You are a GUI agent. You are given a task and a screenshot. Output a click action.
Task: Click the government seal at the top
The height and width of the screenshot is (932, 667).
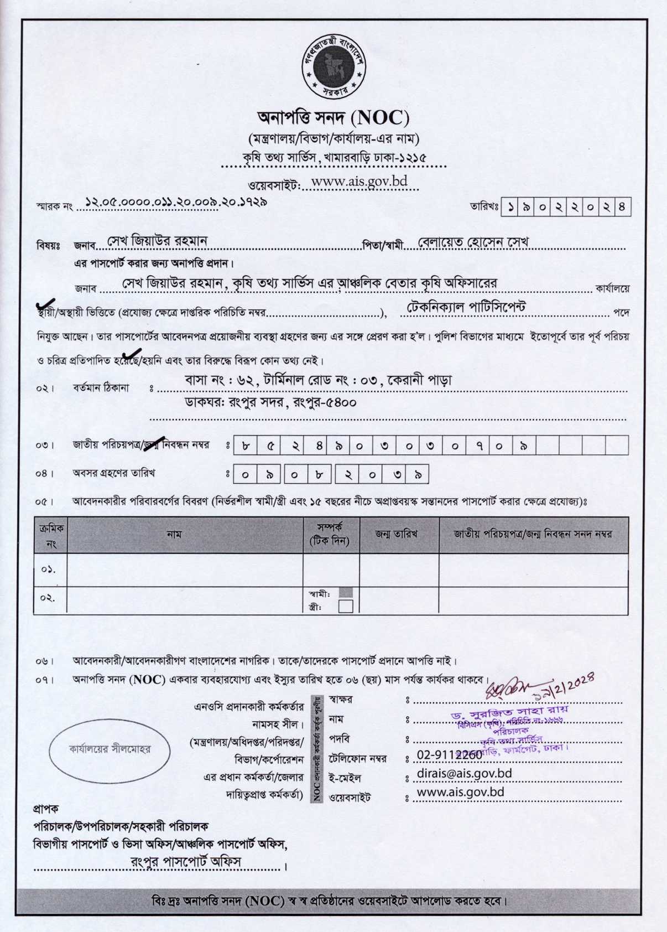tap(333, 66)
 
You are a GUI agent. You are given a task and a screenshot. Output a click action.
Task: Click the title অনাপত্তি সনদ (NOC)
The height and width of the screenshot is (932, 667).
tap(333, 117)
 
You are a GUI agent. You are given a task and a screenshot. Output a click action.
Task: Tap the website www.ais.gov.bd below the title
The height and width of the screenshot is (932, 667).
tap(359, 181)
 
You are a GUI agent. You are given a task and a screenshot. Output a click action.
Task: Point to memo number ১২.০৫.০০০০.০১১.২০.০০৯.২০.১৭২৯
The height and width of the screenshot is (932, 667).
tap(176, 203)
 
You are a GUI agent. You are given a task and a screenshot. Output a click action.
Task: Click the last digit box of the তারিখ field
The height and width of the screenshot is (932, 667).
tap(623, 208)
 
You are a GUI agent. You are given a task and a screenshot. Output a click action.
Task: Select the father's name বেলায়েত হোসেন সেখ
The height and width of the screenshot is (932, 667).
tap(473, 242)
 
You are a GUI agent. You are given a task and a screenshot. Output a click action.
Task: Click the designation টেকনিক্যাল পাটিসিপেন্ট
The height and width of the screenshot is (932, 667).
tap(466, 307)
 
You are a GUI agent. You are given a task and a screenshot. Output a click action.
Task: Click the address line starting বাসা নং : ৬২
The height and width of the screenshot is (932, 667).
tap(318, 381)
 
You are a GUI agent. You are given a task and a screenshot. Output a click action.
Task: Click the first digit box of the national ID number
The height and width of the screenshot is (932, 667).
tap(246, 446)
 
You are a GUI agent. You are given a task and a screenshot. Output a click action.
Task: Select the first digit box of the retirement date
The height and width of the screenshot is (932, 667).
tap(246, 474)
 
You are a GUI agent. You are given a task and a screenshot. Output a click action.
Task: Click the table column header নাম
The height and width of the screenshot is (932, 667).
tap(174, 534)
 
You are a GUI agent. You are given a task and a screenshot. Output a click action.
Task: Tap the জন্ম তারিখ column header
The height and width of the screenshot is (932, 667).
tap(396, 534)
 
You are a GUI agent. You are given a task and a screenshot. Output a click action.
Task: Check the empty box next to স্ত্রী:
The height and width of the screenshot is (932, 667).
tap(346, 607)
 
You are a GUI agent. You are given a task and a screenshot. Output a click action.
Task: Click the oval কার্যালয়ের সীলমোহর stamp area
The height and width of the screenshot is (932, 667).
tap(110, 749)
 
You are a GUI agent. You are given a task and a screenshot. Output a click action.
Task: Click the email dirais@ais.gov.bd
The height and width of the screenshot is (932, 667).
tap(464, 773)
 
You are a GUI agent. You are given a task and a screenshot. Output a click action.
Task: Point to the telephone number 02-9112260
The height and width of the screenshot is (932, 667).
tap(449, 754)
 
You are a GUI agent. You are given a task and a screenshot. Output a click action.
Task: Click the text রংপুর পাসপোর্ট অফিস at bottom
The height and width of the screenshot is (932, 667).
tap(186, 861)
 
